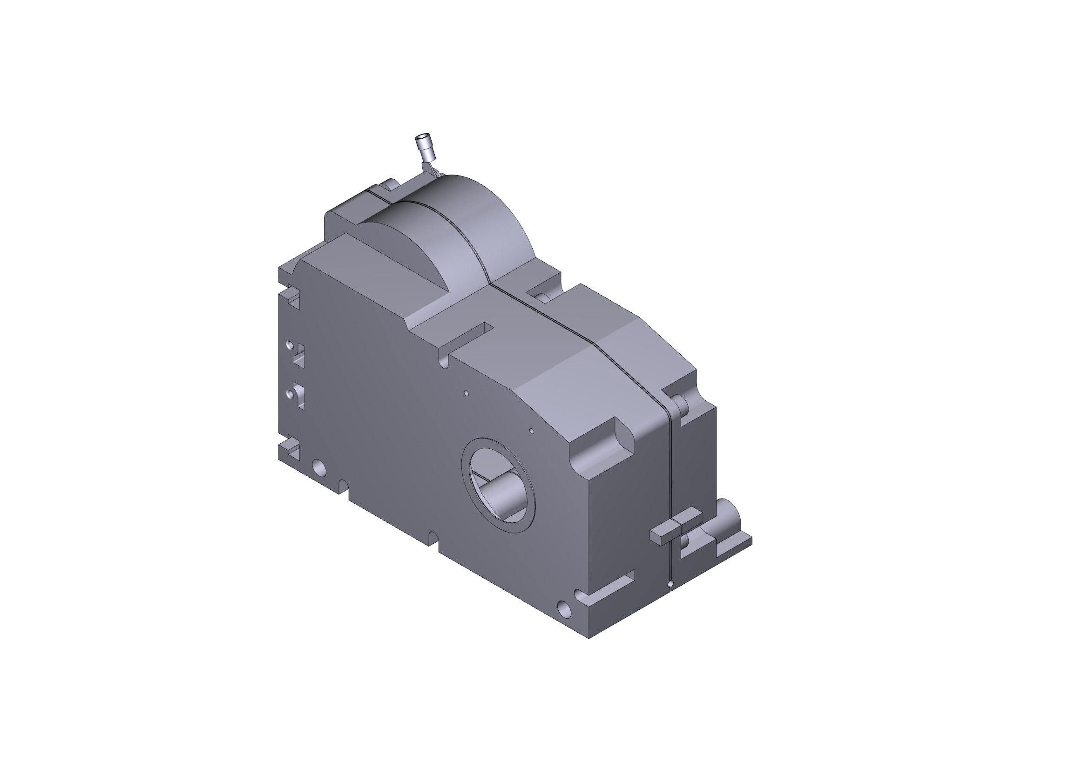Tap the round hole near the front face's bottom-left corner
pos(320,467)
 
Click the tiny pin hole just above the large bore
pos(532,432)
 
